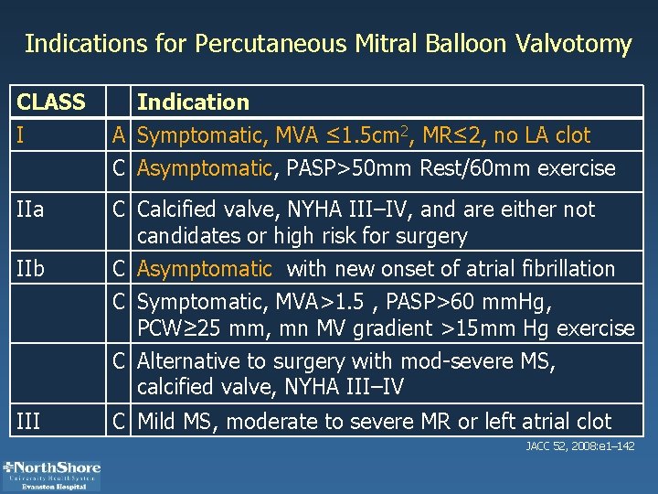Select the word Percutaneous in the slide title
[264, 44]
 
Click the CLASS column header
[51, 102]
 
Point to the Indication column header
[193, 102]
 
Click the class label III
[29, 422]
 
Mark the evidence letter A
[119, 136]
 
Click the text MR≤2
[442, 136]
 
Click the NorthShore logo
[52, 472]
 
